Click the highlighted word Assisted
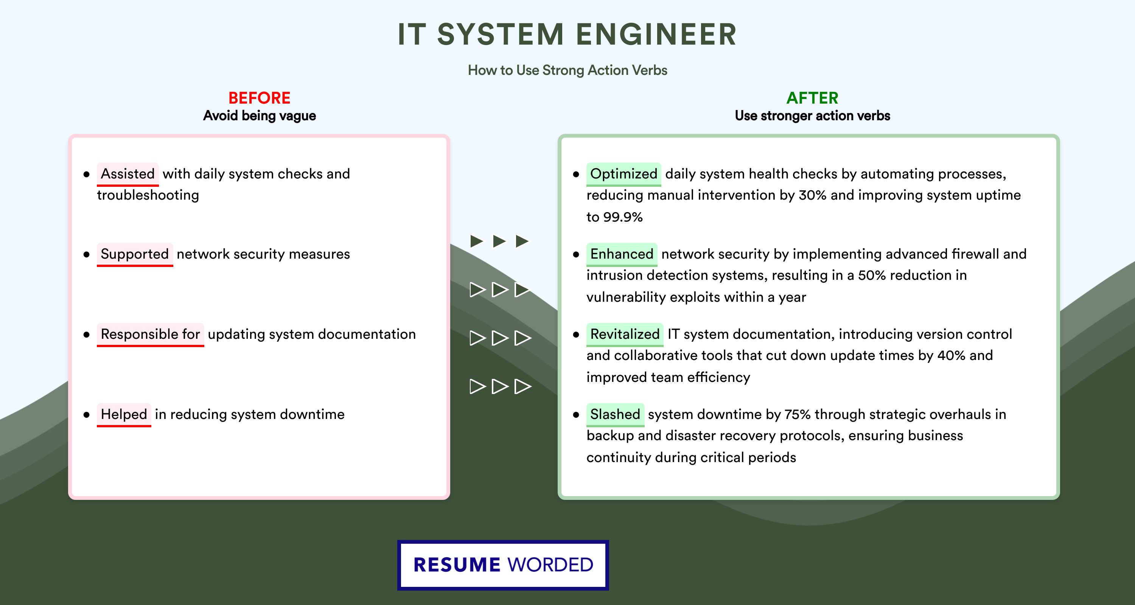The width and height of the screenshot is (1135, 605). (128, 174)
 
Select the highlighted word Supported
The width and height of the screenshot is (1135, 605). (135, 254)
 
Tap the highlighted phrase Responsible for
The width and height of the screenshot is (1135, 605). (150, 334)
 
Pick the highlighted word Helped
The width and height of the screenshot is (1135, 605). (124, 414)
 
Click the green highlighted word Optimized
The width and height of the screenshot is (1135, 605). (623, 174)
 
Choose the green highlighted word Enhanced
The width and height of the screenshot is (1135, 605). (622, 254)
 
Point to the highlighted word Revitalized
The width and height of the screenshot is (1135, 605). (625, 334)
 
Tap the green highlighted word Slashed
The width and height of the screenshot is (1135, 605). (615, 414)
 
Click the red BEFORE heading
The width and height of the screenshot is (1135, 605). (260, 98)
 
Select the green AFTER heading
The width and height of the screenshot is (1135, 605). (813, 98)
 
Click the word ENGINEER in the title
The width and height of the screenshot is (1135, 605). (656, 34)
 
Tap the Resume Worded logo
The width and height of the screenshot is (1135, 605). (503, 565)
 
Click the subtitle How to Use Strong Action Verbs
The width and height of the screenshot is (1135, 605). (567, 70)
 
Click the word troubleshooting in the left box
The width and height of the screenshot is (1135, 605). (148, 195)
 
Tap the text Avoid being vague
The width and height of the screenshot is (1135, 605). (260, 116)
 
